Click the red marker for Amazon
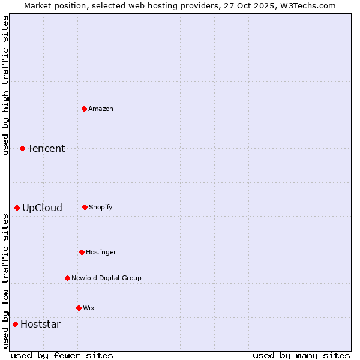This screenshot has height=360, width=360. pos(84,109)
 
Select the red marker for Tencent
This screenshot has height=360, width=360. pos(22,148)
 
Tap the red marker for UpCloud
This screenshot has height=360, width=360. pos(17,208)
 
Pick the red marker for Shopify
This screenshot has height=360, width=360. pos(85,207)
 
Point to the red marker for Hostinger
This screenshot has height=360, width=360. pos(82,252)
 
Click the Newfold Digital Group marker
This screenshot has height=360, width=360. pos(67,278)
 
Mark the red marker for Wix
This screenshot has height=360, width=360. pos(79,308)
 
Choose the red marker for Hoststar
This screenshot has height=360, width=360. pos(15,324)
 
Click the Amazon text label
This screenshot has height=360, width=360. pos(101,109)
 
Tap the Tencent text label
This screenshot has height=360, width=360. pos(46,148)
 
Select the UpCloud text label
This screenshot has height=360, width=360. pos(42,208)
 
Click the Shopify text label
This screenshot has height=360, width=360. pos(101,207)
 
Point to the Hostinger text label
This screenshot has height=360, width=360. pos(101,252)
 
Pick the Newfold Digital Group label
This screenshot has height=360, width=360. pos(106,278)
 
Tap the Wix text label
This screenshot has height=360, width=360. pos(89,308)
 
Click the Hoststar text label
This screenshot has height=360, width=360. pos(40,324)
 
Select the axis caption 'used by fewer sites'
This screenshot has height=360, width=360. pos(62,355)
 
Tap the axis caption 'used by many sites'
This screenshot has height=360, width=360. pos(301,355)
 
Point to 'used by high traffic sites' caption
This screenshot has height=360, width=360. pos(6,86)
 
